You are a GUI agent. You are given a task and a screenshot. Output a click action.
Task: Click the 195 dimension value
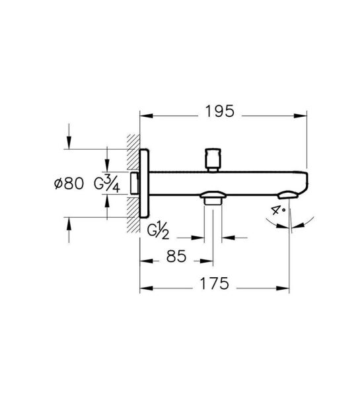pyautogui.click(x=220, y=112)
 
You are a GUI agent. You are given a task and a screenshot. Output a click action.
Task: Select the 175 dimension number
pyautogui.click(x=215, y=283)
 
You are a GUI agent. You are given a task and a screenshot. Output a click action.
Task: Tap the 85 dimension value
pyautogui.click(x=176, y=256)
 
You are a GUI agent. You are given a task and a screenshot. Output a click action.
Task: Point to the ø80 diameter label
pyautogui.click(x=69, y=183)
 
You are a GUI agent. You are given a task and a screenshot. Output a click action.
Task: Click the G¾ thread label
pyautogui.click(x=107, y=183)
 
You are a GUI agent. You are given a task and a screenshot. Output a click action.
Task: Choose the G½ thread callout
pyautogui.click(x=158, y=230)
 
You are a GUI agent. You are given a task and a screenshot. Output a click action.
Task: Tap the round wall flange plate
pyautogui.click(x=145, y=183)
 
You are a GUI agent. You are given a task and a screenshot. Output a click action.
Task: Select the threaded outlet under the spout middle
pyautogui.click(x=213, y=199)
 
